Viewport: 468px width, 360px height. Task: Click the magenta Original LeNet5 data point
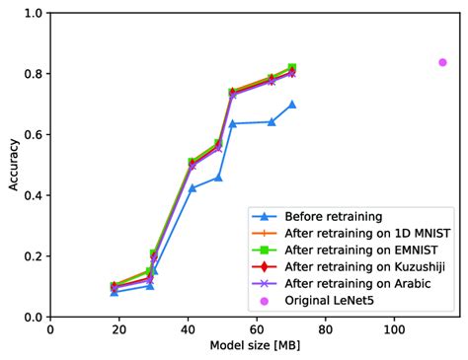click(442, 62)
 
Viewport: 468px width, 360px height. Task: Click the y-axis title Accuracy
click(12, 165)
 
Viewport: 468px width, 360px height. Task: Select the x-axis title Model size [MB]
click(255, 346)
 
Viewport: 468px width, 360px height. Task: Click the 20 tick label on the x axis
click(118, 329)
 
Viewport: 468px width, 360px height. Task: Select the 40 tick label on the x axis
click(188, 329)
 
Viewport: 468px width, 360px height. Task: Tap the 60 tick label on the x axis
click(257, 329)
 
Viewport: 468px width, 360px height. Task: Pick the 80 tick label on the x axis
click(326, 329)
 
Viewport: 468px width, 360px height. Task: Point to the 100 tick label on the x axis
click(394, 329)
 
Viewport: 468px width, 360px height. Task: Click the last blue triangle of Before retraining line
click(292, 104)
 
